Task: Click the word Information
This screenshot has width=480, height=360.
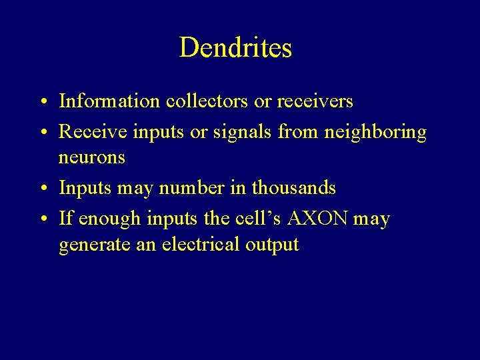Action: click(x=109, y=101)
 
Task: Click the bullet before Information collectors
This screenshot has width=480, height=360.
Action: click(x=42, y=103)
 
